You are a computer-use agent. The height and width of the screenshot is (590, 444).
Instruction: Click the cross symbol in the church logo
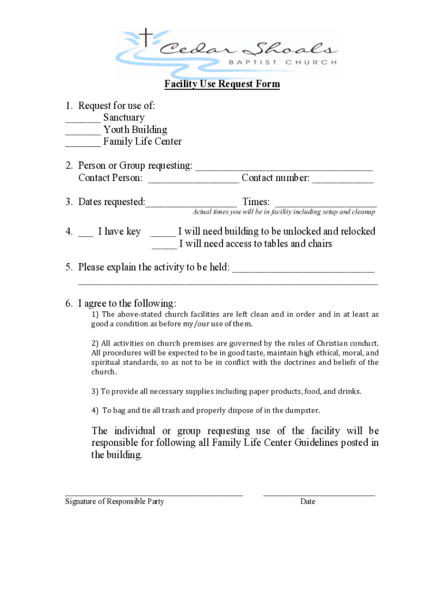148,38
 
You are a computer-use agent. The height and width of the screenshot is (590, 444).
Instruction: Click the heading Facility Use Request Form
222,84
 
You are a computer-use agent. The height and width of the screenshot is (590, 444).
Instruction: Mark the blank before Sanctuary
82,121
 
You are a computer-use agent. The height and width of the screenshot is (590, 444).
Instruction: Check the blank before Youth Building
82,133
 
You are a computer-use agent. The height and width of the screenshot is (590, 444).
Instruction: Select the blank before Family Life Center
82,145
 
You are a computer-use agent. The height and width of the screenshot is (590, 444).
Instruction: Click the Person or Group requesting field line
284,169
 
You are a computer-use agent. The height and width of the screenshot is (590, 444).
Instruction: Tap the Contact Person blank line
193,181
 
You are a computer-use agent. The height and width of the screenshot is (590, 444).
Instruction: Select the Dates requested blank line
191,205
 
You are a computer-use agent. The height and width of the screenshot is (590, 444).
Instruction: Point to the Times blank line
326,205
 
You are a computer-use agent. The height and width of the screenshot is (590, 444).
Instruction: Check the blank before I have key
85,235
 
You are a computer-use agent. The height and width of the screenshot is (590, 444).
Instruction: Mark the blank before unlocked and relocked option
163,235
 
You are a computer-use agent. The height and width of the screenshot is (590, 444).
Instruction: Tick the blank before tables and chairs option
164,247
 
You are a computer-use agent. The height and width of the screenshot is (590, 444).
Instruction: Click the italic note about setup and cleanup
284,212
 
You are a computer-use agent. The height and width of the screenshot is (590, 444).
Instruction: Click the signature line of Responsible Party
154,494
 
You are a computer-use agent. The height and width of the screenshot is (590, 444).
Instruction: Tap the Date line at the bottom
319,494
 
